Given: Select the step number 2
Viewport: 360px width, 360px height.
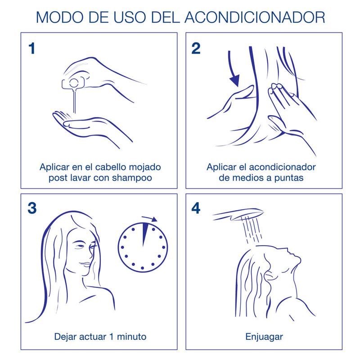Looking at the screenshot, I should point(196,49).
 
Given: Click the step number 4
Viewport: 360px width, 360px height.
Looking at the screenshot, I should point(197,208).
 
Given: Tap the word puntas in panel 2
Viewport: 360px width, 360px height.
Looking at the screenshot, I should point(290,178).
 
